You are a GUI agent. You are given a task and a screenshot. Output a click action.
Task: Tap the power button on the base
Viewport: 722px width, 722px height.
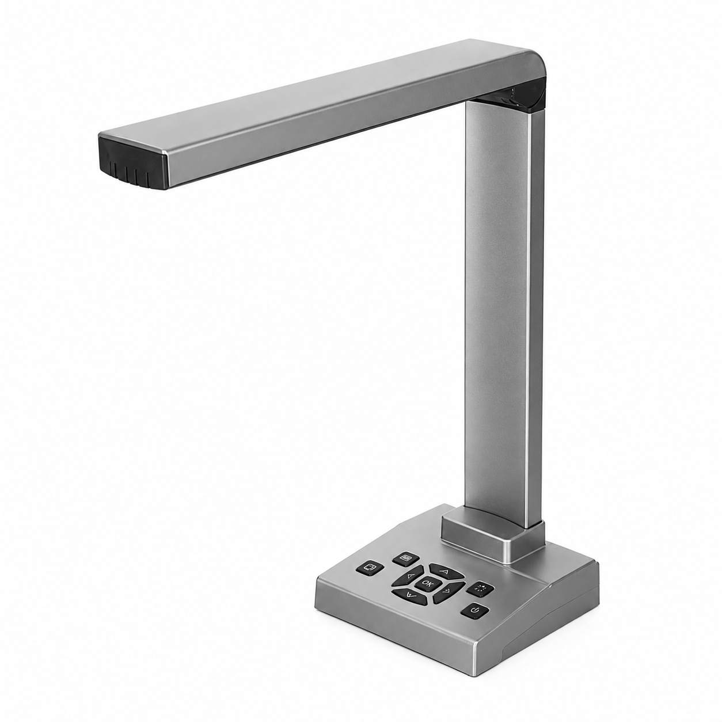pos(475,612)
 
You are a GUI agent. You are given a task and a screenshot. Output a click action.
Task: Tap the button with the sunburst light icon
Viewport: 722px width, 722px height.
pos(480,588)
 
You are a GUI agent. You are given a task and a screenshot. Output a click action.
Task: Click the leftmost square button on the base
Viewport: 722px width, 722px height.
pos(370,567)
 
